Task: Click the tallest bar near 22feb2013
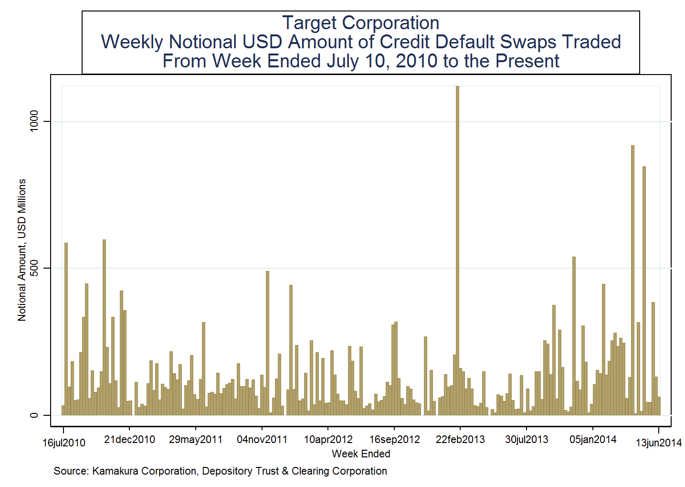457,249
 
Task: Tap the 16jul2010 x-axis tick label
63,443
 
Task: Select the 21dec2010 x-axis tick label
129,440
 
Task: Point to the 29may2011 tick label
196,440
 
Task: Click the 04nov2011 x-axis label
262,440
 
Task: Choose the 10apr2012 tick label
328,440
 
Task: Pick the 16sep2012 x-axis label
394,440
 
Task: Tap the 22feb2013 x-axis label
460,440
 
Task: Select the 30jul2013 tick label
527,440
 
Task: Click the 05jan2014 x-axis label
593,440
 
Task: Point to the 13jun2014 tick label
658,443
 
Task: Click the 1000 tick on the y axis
34,121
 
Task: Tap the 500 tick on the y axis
34,268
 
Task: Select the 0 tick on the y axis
34,415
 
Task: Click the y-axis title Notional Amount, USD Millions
22,250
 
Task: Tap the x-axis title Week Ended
361,454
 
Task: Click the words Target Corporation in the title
360,23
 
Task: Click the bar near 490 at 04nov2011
267,342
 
